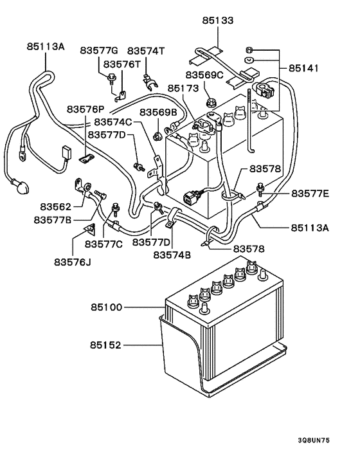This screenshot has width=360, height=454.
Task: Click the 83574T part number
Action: tap(146, 50)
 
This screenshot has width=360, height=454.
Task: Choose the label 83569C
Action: tap(204, 75)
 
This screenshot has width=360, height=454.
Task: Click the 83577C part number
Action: tap(104, 242)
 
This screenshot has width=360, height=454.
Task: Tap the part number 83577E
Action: tap(310, 193)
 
